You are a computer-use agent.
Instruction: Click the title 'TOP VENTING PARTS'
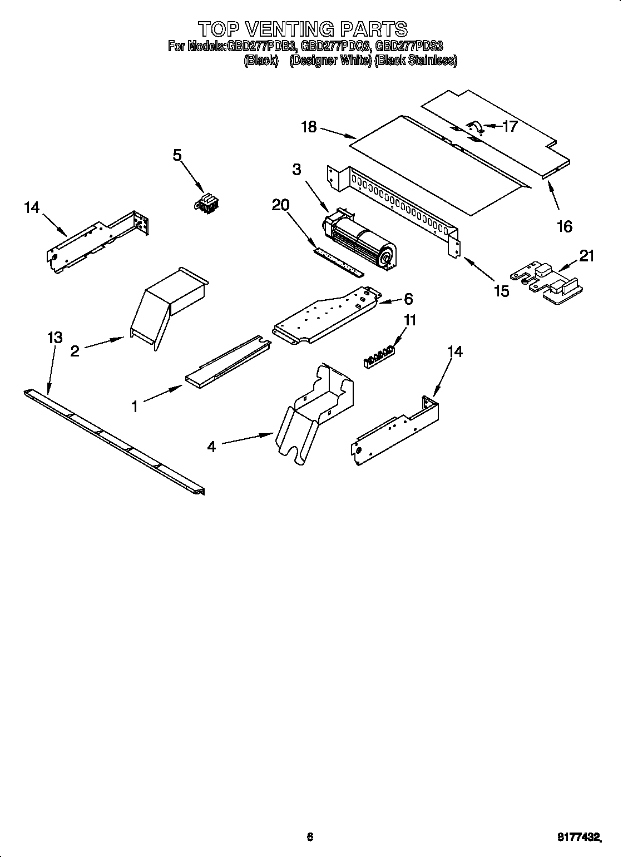[303, 28]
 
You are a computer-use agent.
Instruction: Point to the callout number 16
[564, 226]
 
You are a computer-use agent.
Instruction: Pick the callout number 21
[586, 256]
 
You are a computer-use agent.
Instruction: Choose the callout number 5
[177, 155]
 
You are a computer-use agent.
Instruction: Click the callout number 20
[280, 205]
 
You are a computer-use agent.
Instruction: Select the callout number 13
[55, 338]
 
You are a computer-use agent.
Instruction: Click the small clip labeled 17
[474, 127]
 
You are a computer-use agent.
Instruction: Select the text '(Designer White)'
[330, 61]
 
